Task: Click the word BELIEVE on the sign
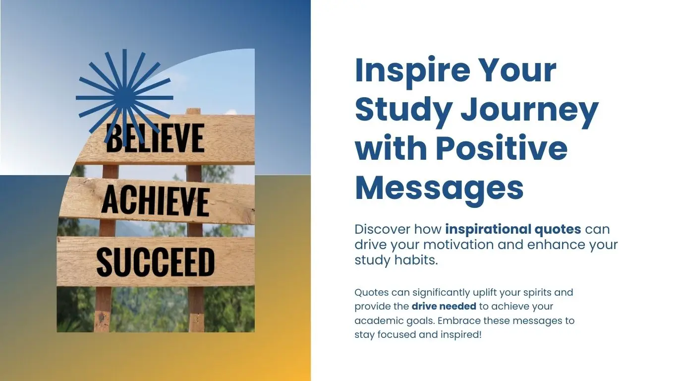(155, 138)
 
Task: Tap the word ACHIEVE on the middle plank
(155, 200)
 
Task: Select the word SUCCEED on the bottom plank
(155, 262)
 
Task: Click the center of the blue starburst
(124, 97)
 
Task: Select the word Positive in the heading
(502, 148)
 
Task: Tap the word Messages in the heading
(439, 188)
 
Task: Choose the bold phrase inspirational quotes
(513, 229)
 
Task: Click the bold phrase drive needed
(444, 306)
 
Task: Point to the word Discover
(382, 229)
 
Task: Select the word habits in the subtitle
(416, 260)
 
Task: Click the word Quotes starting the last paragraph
(371, 293)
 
